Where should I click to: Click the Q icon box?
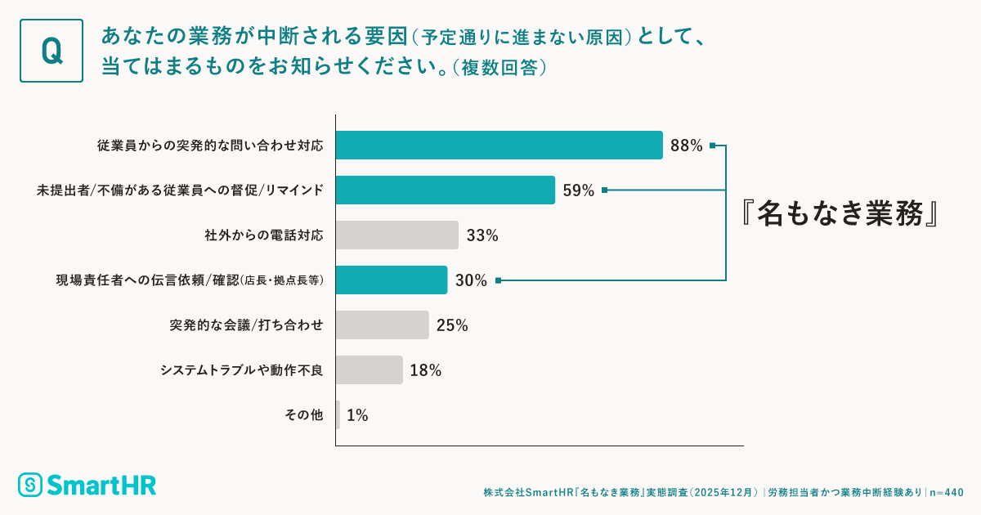pyautogui.click(x=51, y=51)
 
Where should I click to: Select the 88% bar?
pyautogui.click(x=499, y=146)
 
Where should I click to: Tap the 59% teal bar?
pyautogui.click(x=445, y=190)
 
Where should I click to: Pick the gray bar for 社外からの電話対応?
pyautogui.click(x=396, y=235)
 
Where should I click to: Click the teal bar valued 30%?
pyautogui.click(x=391, y=280)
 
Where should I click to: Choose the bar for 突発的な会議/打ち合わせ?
pyautogui.click(x=382, y=325)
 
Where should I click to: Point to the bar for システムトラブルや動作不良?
pyautogui.click(x=369, y=369)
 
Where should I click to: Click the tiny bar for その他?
pyautogui.click(x=338, y=414)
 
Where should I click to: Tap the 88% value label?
pyautogui.click(x=686, y=146)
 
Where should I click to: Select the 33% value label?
pyautogui.click(x=482, y=236)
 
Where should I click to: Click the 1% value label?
pyautogui.click(x=357, y=415)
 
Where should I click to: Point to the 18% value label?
pyautogui.click(x=425, y=370)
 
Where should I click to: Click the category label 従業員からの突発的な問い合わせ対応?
pyautogui.click(x=210, y=146)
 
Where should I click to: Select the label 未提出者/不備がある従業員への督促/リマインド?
pyautogui.click(x=180, y=191)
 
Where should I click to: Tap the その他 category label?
pyautogui.click(x=304, y=415)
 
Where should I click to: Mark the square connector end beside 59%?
pyautogui.click(x=604, y=190)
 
